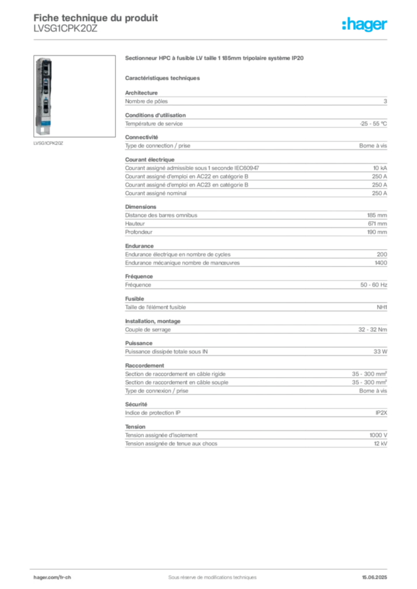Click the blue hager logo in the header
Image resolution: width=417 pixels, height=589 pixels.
click(365, 25)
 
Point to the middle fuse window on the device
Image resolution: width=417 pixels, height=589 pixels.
click(44, 89)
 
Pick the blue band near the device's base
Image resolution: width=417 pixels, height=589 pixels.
click(44, 123)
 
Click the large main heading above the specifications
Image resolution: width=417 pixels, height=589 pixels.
click(213, 58)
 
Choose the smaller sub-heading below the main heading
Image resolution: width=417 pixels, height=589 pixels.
click(163, 78)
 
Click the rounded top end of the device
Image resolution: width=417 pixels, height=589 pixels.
click(44, 59)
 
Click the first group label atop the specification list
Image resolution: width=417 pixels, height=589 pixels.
click(143, 90)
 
